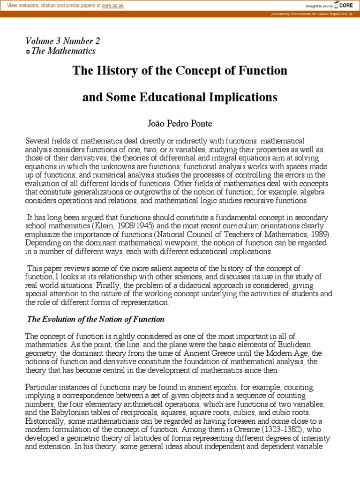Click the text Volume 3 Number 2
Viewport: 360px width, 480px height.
click(62, 41)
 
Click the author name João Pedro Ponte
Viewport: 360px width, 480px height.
click(180, 124)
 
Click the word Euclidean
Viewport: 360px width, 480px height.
click(303, 345)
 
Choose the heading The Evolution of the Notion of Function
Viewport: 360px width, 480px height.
click(96, 319)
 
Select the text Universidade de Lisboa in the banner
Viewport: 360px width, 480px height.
click(308, 14)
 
